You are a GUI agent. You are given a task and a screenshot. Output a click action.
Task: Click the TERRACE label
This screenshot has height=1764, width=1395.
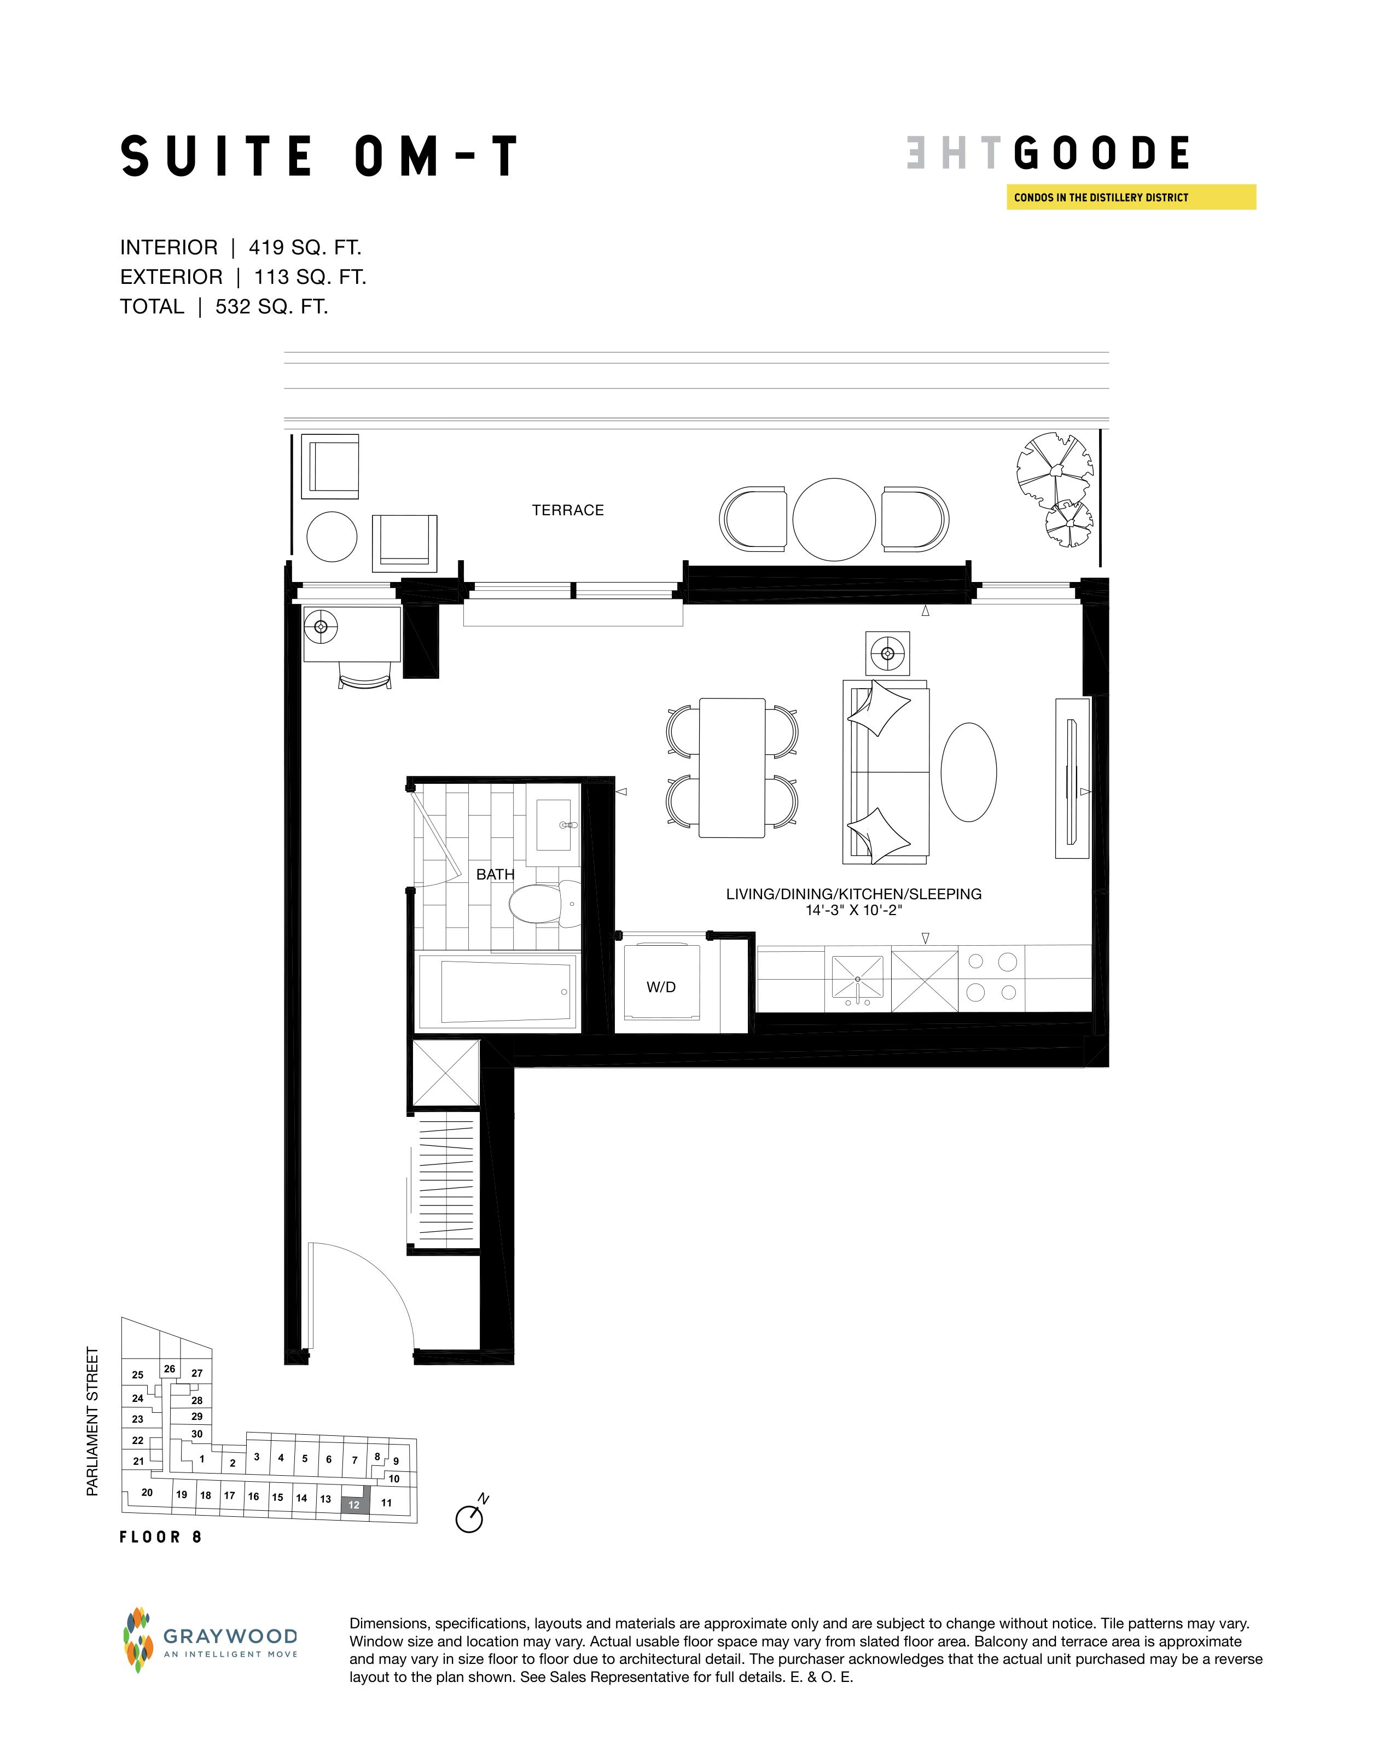(568, 510)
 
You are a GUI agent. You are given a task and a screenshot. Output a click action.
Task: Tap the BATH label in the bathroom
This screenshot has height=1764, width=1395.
(495, 875)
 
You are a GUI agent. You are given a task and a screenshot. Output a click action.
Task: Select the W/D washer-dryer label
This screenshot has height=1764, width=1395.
(661, 987)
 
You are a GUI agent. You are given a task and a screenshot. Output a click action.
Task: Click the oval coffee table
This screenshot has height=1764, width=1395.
(969, 772)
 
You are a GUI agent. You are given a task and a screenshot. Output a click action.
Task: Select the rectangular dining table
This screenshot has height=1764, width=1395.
(732, 767)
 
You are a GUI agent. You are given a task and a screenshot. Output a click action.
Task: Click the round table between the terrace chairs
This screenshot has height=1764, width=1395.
(834, 520)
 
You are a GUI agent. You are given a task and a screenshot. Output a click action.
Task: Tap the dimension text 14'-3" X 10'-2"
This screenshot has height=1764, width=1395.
(853, 910)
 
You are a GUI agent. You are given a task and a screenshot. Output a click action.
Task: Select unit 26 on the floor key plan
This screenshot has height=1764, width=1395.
(169, 1369)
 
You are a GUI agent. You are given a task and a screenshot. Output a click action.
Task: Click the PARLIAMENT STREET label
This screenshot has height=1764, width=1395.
(92, 1422)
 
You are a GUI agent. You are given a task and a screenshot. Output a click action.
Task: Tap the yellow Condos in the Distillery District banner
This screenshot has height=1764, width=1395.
(1131, 197)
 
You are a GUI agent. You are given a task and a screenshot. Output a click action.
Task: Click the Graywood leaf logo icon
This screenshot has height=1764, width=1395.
(138, 1639)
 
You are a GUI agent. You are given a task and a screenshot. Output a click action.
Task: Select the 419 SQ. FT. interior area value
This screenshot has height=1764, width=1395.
(305, 247)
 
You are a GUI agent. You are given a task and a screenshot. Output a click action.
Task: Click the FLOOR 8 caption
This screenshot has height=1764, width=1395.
(161, 1537)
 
